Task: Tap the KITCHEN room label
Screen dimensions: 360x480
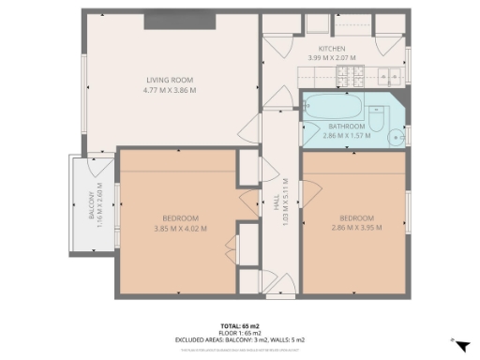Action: click(x=332, y=49)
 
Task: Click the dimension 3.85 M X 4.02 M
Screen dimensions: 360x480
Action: click(x=180, y=227)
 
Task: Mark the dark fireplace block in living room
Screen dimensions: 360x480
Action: click(x=181, y=21)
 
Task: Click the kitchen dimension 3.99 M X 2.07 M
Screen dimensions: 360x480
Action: click(x=332, y=58)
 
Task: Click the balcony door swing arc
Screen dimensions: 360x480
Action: click(x=98, y=170)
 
